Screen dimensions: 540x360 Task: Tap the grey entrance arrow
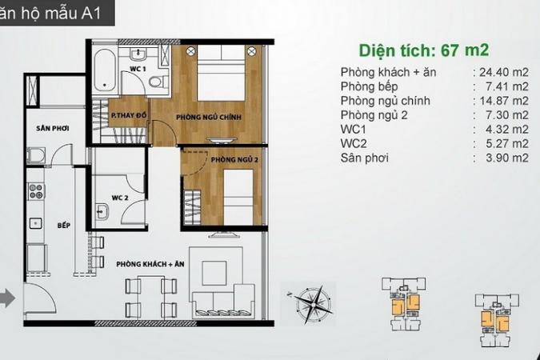coord(7,298)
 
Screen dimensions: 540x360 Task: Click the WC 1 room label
coord(138,69)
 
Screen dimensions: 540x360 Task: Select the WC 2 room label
coord(120,198)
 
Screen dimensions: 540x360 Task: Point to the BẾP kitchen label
coord(64,226)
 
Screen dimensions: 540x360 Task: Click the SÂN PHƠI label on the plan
coord(52,128)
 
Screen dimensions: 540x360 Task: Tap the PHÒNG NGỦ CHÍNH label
coord(209,117)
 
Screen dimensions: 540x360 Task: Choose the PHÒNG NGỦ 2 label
coord(234,159)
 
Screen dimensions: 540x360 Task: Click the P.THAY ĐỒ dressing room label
coord(129,115)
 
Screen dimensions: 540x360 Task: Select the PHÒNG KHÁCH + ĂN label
coord(150,264)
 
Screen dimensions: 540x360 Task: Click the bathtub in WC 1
coord(105,70)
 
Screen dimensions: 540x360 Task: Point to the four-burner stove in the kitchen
coord(36,191)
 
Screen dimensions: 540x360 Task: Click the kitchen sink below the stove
coord(35,223)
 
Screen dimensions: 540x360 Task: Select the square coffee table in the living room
coord(214,273)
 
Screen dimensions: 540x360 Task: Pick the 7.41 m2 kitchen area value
coord(507,86)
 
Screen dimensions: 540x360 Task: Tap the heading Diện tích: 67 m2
coord(423,50)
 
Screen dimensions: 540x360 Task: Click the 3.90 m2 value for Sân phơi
coord(507,158)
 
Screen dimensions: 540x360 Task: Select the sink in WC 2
coord(102,211)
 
